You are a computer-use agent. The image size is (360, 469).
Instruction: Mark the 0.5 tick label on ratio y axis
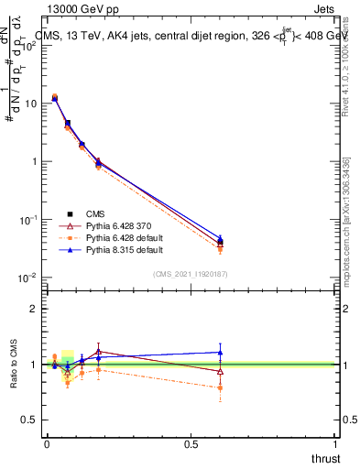click(x=28, y=420)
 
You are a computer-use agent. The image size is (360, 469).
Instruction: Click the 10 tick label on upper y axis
click(x=27, y=104)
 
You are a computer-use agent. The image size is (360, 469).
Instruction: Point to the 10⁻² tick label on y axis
click(x=27, y=278)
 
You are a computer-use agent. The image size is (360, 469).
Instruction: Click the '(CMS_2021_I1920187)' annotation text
click(x=191, y=274)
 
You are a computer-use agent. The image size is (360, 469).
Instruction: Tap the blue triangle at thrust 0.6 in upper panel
click(x=220, y=237)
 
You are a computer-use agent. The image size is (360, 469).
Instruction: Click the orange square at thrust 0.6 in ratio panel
click(x=220, y=387)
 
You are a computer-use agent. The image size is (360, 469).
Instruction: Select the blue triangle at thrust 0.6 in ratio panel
click(x=220, y=352)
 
